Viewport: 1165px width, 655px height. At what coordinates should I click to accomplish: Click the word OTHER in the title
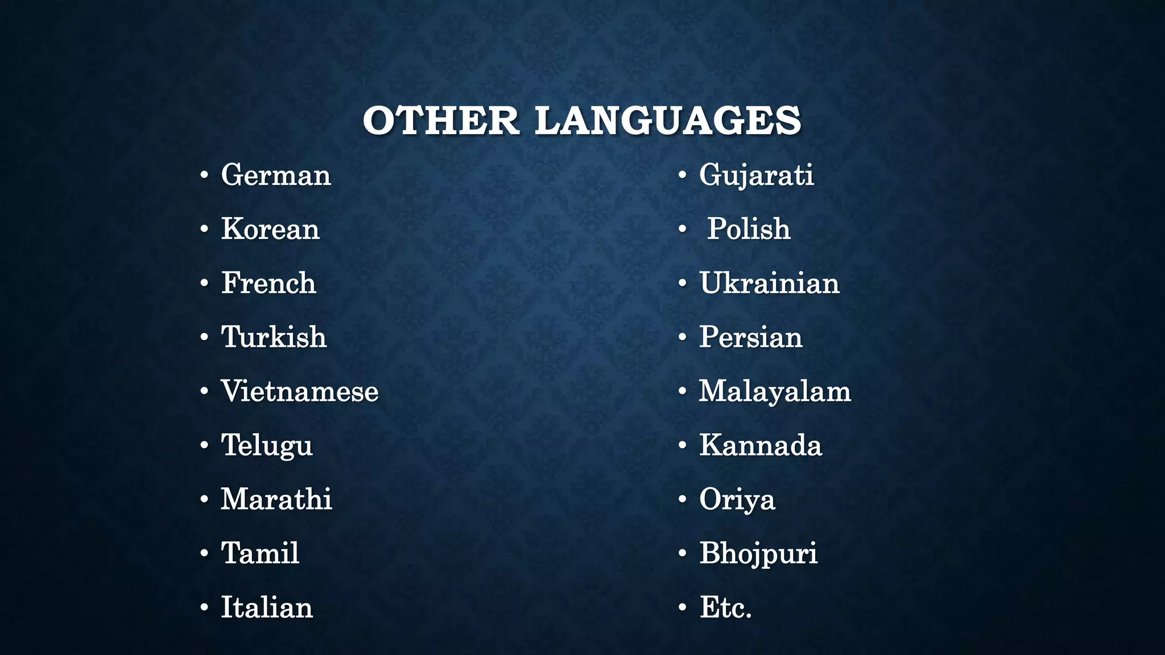(x=441, y=121)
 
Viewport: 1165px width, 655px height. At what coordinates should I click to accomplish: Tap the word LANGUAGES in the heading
(x=668, y=121)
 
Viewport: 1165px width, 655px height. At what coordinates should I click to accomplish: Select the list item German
(x=276, y=175)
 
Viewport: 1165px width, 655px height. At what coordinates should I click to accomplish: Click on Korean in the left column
(x=270, y=229)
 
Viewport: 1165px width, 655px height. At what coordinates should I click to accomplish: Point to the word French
(x=268, y=283)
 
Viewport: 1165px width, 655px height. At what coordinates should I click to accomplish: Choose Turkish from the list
(x=274, y=337)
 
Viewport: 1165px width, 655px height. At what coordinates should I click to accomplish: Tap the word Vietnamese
(x=300, y=391)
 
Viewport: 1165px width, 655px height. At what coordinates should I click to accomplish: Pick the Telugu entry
(x=267, y=445)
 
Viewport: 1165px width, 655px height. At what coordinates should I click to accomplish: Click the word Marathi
(x=276, y=499)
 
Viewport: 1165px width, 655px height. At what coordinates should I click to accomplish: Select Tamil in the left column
(x=260, y=553)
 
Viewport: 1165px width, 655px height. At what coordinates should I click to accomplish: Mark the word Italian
(x=267, y=607)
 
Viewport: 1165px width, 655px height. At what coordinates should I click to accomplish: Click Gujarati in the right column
(x=757, y=175)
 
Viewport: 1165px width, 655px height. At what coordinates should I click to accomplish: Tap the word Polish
(x=749, y=229)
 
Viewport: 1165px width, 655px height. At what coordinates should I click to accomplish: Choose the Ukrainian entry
(x=769, y=283)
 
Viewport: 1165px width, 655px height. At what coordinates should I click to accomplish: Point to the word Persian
(x=751, y=337)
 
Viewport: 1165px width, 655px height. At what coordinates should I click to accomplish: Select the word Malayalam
(x=775, y=391)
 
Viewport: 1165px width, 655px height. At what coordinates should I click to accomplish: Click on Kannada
(x=761, y=445)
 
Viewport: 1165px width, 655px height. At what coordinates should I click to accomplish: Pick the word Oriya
(x=737, y=499)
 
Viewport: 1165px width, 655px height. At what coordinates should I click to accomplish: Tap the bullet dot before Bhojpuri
(x=683, y=554)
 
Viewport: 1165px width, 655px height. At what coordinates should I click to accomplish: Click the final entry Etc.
(x=726, y=607)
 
